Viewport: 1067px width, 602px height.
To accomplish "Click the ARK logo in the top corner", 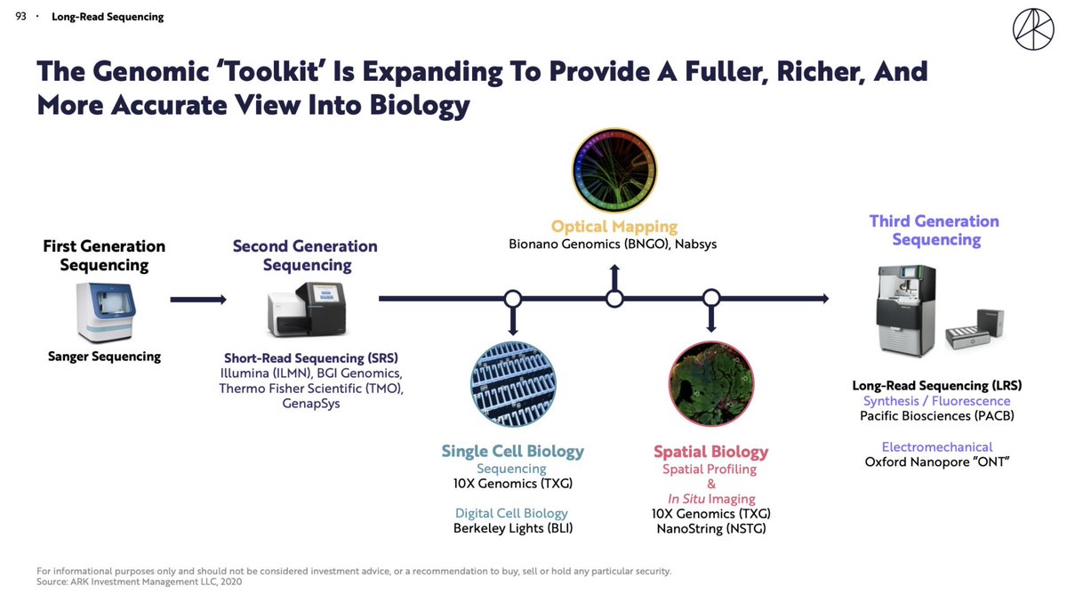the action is pos(1032,30).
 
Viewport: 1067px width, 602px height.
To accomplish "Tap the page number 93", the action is pos(21,17).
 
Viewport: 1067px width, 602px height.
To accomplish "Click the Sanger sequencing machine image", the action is pos(105,312).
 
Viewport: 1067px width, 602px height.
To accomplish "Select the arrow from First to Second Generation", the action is pos(197,300).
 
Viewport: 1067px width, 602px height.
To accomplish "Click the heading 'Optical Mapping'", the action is pos(614,227).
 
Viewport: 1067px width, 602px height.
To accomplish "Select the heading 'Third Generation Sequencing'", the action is pos(934,230).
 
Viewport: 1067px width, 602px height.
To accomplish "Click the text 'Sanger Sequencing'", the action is pos(104,357).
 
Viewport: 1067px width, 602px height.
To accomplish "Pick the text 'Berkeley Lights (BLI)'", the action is pos(512,528).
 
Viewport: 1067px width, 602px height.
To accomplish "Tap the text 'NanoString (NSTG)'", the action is pos(710,529).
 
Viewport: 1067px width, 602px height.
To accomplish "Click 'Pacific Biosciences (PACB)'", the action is pos(936,415).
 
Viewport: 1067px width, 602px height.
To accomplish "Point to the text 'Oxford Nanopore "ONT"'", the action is pos(936,462).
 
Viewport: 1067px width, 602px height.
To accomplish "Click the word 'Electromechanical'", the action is pos(936,446).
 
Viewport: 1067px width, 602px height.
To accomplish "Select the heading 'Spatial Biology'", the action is pos(710,452).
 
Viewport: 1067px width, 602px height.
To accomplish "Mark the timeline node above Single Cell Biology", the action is pos(512,299).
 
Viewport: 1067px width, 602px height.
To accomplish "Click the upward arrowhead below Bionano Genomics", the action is pos(614,269).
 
